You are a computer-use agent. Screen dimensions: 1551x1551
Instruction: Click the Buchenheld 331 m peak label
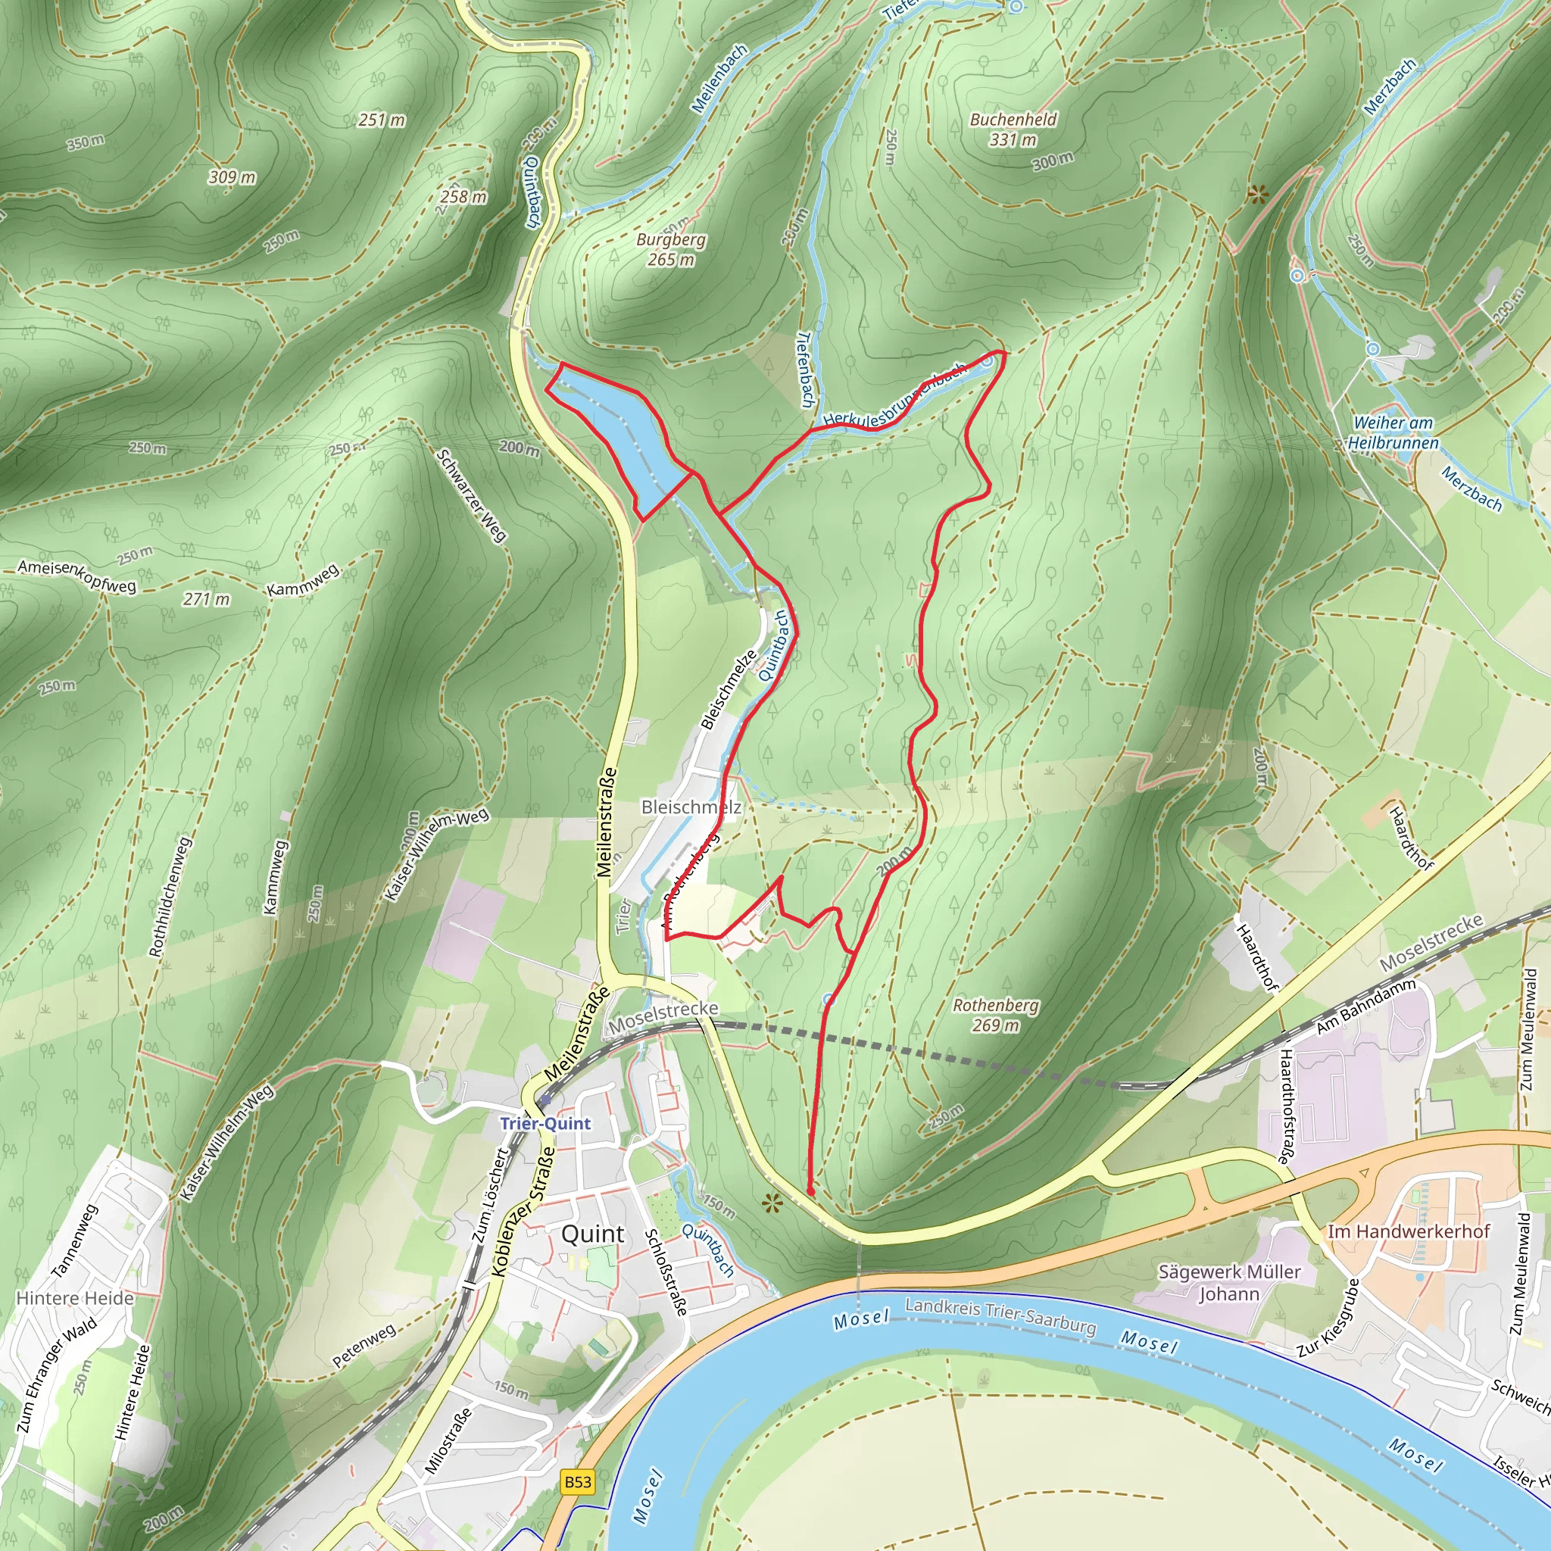tap(1013, 130)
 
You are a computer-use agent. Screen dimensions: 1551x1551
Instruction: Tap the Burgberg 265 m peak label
tap(671, 249)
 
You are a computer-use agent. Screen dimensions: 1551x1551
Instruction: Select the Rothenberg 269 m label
tap(995, 1015)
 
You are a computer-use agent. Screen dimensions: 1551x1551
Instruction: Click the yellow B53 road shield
tap(577, 1481)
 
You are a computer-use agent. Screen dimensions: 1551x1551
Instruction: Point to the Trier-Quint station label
tap(545, 1123)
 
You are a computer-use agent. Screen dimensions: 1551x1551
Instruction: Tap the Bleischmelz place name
tap(691, 807)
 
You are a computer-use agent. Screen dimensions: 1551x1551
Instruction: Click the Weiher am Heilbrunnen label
tap(1393, 432)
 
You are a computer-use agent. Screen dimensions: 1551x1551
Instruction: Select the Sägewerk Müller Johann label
tap(1229, 1283)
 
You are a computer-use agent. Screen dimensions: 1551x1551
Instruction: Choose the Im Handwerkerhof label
tap(1408, 1231)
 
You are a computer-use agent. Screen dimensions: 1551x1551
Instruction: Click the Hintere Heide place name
tap(75, 1297)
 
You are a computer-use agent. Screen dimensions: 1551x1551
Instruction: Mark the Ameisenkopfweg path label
tap(77, 576)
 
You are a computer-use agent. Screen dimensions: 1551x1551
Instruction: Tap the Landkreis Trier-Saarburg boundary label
tap(1000, 1315)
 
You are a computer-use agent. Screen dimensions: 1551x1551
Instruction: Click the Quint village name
tap(592, 1234)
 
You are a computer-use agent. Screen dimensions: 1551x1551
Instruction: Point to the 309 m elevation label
tap(232, 176)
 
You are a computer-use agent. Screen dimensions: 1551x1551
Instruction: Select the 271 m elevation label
tap(206, 599)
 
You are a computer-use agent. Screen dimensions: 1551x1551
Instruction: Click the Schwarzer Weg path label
tap(471, 495)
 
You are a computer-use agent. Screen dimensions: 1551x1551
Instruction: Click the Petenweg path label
tap(364, 1346)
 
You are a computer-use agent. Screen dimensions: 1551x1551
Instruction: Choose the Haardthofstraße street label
tap(1284, 1107)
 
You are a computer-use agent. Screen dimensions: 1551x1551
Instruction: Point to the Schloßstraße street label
tap(667, 1272)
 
